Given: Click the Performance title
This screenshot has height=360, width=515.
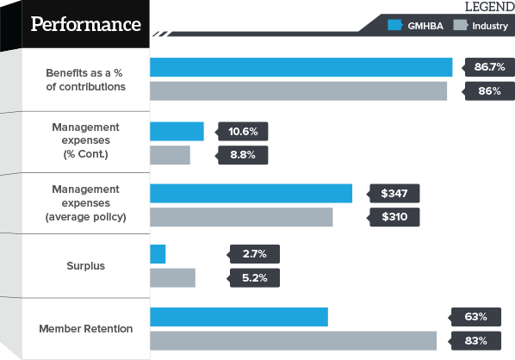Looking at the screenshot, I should (85, 23).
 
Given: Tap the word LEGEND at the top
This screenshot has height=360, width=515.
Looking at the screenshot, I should (489, 7).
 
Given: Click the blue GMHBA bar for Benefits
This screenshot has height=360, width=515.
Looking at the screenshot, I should (301, 67).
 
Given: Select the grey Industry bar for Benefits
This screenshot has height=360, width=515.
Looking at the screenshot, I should (299, 90).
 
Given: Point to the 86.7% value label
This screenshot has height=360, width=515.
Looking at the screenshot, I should (487, 67).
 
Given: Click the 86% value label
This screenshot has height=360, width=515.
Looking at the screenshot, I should (487, 90).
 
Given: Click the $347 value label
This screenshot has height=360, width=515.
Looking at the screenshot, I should (395, 193).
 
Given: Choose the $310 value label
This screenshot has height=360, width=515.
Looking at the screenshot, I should (395, 217).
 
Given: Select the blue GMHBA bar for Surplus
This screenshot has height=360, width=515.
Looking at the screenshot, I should (158, 254).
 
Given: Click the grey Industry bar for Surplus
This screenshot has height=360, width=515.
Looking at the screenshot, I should (173, 277).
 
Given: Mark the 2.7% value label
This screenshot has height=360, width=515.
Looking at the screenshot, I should (256, 254).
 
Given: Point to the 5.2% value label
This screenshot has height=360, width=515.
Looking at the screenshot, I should (256, 277).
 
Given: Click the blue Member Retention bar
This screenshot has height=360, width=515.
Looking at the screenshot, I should (239, 317).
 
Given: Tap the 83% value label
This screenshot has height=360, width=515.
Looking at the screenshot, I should (476, 340).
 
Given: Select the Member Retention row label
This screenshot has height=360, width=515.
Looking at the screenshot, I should (86, 328).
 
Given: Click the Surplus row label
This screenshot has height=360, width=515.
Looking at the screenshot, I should (86, 266).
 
